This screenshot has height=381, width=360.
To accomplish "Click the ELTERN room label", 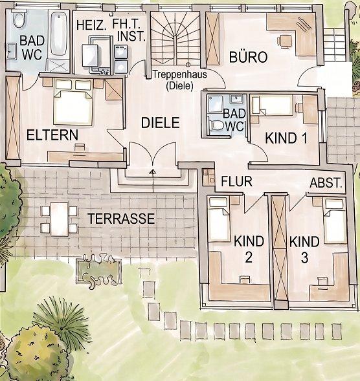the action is point(52,135).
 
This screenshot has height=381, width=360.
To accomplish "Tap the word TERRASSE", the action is point(121,219).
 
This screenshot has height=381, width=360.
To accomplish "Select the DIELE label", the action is point(161,123).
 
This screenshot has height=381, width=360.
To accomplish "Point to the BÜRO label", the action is point(249,57).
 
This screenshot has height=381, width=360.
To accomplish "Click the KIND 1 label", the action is point(286,138).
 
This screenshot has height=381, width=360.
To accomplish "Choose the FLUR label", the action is point(236,181).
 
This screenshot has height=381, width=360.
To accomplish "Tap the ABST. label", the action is point(326,182).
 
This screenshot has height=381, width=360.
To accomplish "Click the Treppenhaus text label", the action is point(180,74).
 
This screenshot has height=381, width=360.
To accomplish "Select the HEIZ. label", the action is point(91,25).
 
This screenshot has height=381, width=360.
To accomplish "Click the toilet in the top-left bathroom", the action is point(19,19).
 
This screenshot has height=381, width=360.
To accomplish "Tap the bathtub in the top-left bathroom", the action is point(59,34).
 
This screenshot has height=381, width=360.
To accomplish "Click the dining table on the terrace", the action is point(60,219).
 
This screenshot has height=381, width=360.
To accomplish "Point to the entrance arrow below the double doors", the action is point(153,181).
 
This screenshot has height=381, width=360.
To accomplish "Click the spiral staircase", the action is point(175,38).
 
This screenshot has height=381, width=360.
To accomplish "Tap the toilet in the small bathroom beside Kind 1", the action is point(216,125).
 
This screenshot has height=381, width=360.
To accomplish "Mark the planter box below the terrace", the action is point(98,270).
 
